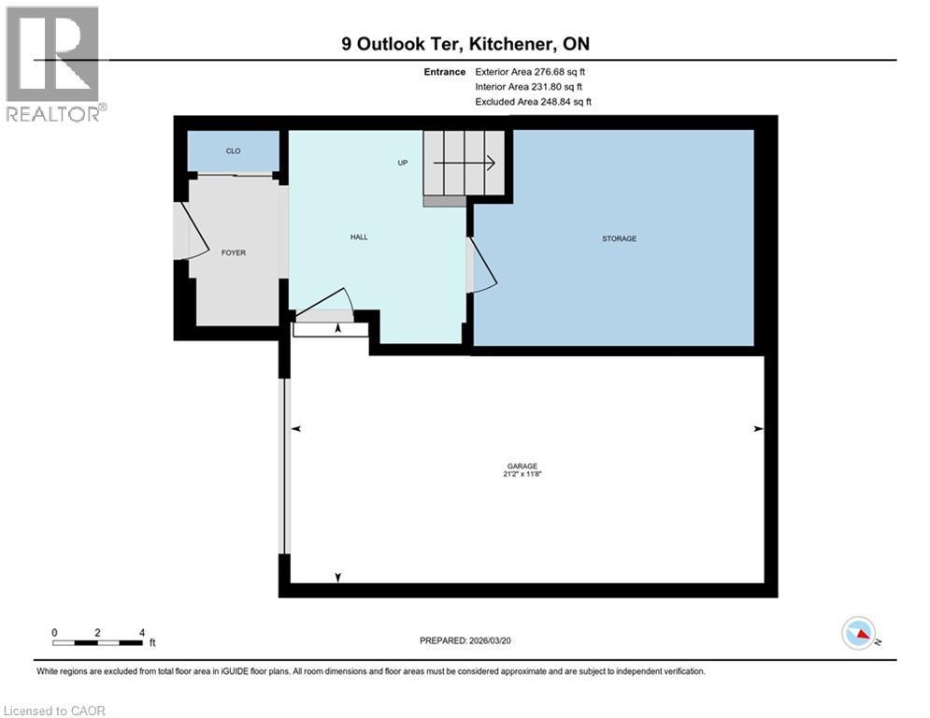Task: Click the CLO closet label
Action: click(233, 151)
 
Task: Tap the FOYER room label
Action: click(233, 252)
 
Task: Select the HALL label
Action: click(359, 237)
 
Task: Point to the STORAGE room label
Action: click(619, 238)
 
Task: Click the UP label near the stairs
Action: click(403, 163)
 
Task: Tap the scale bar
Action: click(97, 642)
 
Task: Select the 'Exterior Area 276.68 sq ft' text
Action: click(530, 72)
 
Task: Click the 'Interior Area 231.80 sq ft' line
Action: click(528, 87)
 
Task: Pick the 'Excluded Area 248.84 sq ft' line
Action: click(533, 102)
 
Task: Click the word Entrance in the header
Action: click(443, 72)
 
